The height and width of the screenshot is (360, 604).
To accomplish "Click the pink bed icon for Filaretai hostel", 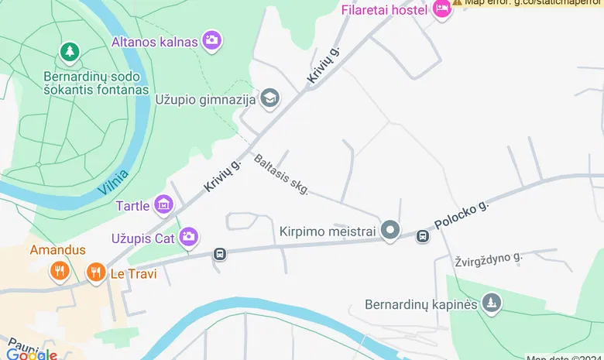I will (x=441, y=10).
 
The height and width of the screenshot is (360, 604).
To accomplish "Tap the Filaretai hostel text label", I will (x=384, y=10).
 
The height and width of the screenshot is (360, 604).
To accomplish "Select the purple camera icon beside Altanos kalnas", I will (x=211, y=40).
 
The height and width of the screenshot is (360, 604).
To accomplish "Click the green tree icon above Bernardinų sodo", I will (x=70, y=52).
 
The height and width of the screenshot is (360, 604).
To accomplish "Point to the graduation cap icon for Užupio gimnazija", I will (x=269, y=98).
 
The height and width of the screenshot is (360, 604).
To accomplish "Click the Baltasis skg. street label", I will (x=280, y=174).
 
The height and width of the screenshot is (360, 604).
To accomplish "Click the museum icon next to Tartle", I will (x=163, y=205).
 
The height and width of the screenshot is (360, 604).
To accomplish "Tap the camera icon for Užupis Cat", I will (x=187, y=237).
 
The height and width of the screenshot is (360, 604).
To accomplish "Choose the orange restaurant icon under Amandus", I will (x=59, y=270).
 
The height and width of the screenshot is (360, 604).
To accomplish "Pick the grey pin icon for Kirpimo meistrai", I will (x=390, y=230).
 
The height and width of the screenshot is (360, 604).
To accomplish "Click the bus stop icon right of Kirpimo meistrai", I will (x=423, y=236).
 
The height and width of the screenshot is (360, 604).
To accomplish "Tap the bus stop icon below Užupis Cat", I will (x=220, y=254).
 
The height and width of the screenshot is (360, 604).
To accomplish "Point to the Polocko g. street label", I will (x=462, y=215).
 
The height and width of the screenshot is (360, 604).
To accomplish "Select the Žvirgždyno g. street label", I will (x=489, y=260).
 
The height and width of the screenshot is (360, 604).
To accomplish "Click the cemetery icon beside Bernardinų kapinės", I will (x=490, y=303).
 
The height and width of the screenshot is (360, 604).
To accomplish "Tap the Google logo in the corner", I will (x=32, y=355).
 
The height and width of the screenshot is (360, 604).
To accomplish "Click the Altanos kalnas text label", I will (x=155, y=42).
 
